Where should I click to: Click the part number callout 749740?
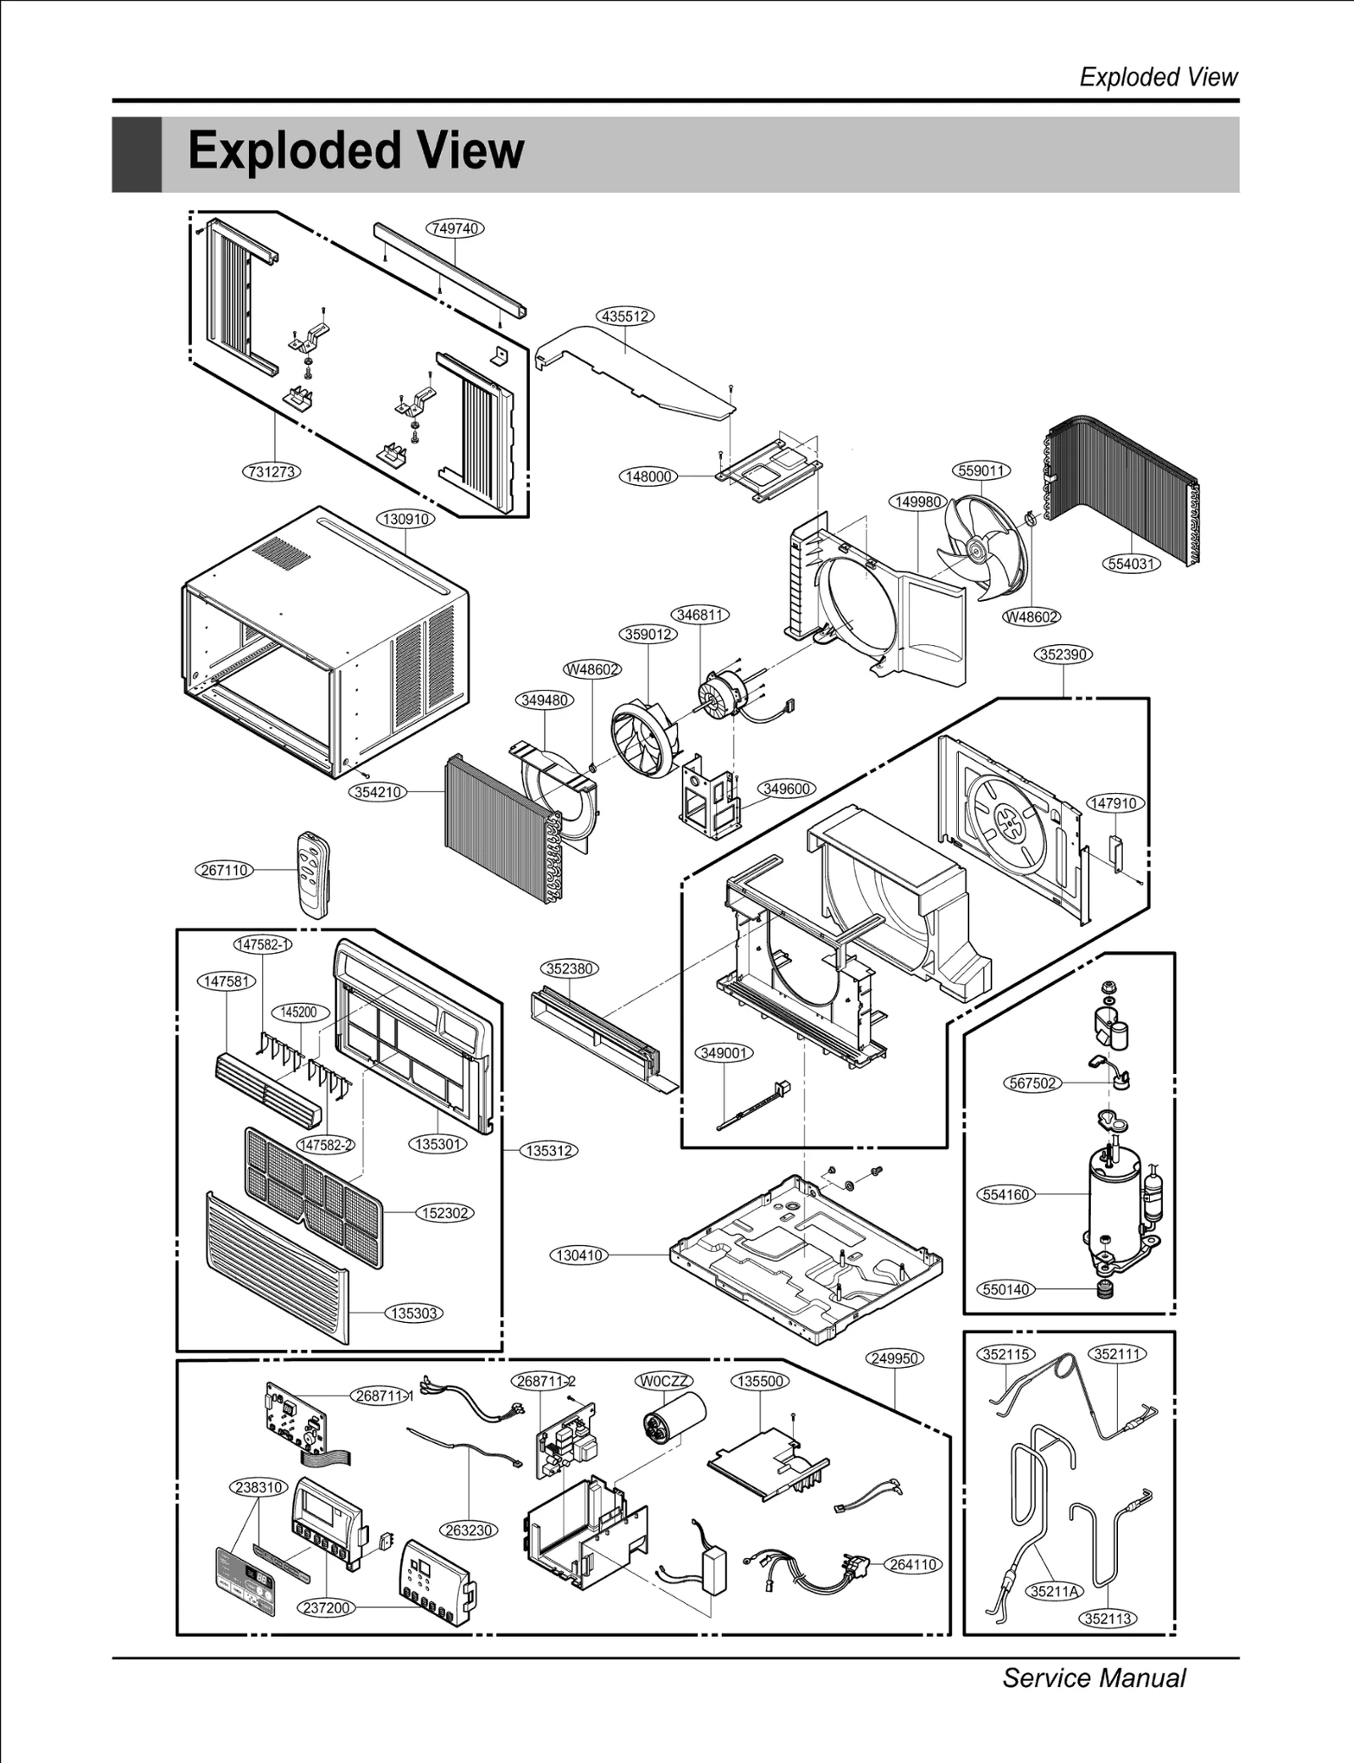tap(454, 229)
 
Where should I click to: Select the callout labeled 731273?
tap(272, 471)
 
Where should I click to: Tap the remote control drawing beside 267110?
tap(312, 873)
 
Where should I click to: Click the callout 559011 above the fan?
tap(982, 471)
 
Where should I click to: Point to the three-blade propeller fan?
tap(982, 548)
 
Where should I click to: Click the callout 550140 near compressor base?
tap(1006, 1289)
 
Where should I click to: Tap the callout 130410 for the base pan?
tap(580, 1255)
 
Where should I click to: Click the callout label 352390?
tap(1064, 654)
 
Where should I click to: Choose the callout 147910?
tap(1115, 803)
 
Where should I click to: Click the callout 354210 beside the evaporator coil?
tap(377, 792)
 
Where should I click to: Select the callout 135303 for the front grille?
tap(414, 1313)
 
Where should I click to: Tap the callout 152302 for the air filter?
tap(445, 1213)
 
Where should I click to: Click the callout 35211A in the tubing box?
tap(1054, 1590)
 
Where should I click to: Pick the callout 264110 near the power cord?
tap(913, 1564)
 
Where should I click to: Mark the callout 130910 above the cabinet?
tap(405, 519)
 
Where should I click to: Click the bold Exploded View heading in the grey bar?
tap(355, 152)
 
